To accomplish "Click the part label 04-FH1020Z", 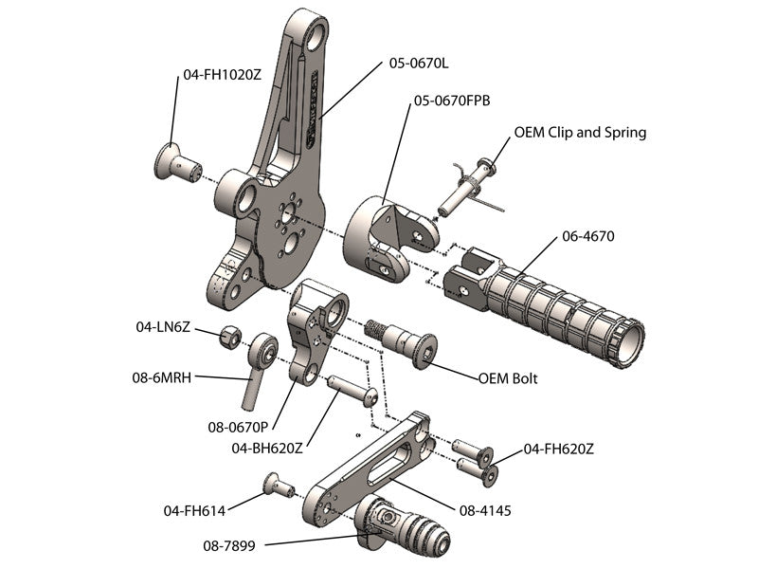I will (222, 73).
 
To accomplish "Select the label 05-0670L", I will (419, 64).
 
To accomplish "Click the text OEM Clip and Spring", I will (580, 132).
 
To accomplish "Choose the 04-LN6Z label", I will (163, 327).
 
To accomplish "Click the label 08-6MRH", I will (162, 377).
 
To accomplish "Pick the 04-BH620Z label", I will (267, 448).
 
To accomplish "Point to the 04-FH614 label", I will (194, 510).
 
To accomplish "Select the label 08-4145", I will (485, 510).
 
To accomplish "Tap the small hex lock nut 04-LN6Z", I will (229, 337).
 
